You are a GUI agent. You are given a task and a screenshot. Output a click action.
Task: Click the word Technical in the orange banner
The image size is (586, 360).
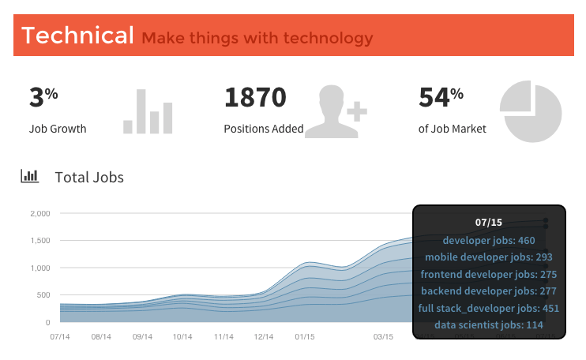click(x=77, y=36)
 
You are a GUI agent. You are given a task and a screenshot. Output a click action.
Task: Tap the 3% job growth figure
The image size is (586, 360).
click(x=43, y=98)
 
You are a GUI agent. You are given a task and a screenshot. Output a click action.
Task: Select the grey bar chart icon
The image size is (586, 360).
click(x=148, y=111)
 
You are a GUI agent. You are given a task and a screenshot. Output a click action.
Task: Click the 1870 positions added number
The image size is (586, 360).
click(x=255, y=98)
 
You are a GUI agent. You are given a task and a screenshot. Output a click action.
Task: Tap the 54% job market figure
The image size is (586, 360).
click(x=440, y=98)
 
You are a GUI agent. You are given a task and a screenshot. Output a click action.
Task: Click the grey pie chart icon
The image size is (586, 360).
click(x=531, y=111)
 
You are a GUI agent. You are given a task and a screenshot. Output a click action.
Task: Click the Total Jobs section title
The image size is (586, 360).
click(x=89, y=177)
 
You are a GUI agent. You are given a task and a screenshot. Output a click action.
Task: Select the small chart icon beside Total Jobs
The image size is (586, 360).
click(x=30, y=176)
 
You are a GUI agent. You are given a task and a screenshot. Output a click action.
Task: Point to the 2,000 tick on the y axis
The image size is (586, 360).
click(x=39, y=213)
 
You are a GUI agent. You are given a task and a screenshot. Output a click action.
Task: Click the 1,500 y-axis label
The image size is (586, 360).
click(x=39, y=240)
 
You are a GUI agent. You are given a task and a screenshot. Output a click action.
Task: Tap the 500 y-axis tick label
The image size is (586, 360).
click(x=43, y=295)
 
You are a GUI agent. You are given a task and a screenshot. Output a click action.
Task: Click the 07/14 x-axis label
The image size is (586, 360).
click(x=60, y=337)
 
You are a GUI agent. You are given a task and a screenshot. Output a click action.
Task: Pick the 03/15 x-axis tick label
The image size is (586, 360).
click(x=384, y=337)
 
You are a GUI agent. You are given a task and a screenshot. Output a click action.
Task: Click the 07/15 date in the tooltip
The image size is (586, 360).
click(x=488, y=223)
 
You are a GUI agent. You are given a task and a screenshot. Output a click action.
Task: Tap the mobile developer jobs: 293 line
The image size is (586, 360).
click(x=488, y=257)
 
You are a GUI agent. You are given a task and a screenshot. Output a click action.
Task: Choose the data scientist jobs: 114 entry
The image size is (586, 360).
click(x=488, y=324)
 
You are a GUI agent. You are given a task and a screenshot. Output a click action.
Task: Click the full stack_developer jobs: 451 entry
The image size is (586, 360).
click(x=488, y=308)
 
